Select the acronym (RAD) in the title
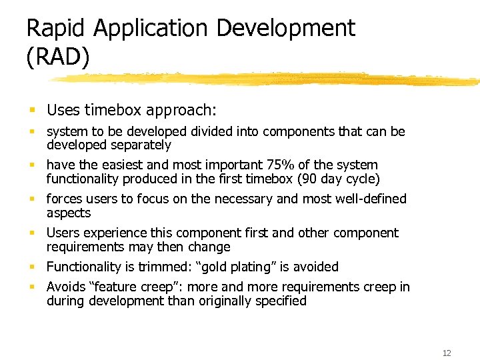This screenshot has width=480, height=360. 57,58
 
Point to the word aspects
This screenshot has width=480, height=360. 68,213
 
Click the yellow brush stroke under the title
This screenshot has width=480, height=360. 267,79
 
